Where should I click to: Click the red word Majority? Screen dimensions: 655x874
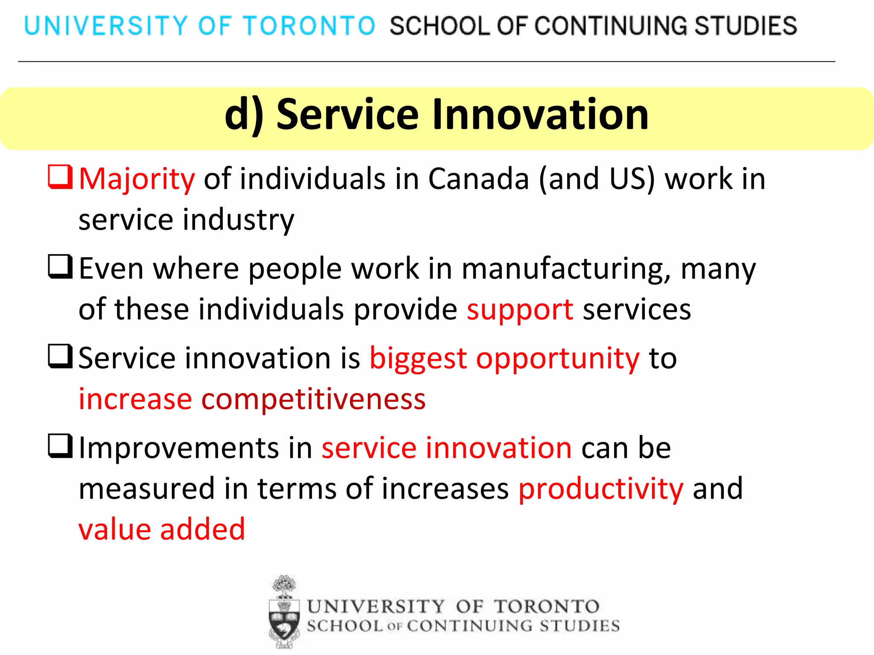point(137,179)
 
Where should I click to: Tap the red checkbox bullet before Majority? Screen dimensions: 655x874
point(60,177)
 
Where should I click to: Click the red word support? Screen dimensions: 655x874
point(520,310)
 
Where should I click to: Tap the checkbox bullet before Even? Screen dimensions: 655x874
point(60,267)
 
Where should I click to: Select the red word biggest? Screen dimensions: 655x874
point(418,359)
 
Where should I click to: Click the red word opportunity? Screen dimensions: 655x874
point(557,359)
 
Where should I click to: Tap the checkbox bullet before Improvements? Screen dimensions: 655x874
point(60,446)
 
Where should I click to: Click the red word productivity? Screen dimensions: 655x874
point(601,489)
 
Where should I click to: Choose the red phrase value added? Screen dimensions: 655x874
point(162,529)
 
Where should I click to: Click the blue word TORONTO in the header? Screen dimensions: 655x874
point(309,26)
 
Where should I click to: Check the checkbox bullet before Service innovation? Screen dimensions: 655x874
point(60,356)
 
